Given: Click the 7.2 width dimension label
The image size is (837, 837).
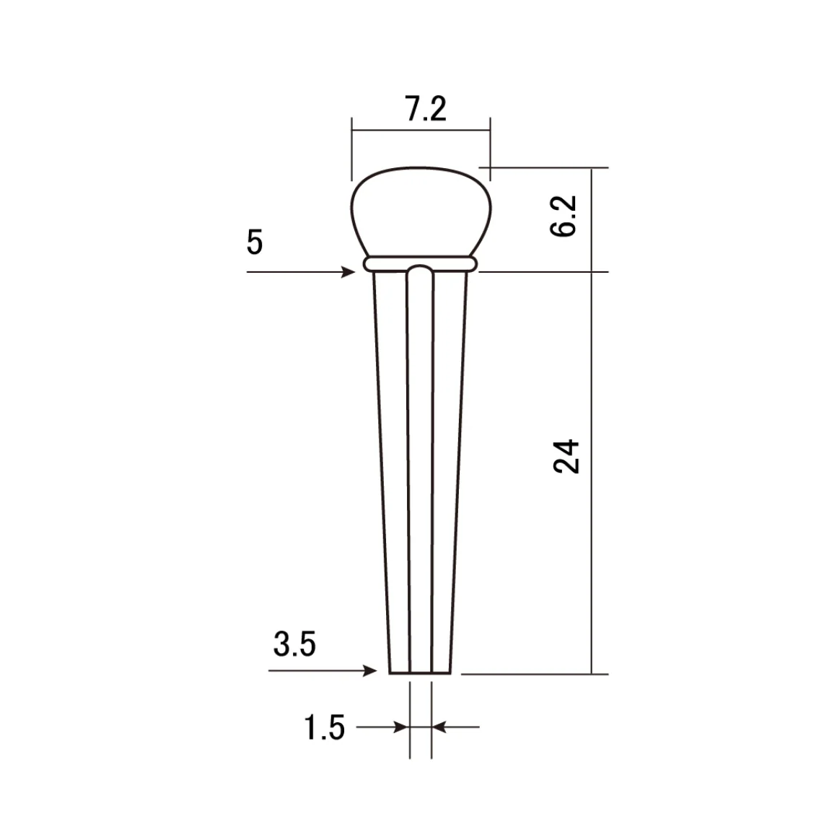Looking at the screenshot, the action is [x=426, y=109].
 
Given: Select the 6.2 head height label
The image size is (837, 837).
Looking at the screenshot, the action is [x=564, y=216].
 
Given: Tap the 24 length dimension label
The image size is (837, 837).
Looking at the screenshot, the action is [x=566, y=457].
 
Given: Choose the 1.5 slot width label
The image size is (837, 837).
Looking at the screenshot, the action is [x=324, y=727].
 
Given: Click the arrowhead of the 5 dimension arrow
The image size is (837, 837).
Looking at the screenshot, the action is [x=349, y=272].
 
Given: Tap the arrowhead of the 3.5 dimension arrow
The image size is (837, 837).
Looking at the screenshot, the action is [x=370, y=670].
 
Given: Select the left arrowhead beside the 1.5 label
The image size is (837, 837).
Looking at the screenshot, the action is [x=401, y=727].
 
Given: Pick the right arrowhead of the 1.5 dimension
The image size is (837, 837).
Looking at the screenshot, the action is [x=439, y=727].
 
